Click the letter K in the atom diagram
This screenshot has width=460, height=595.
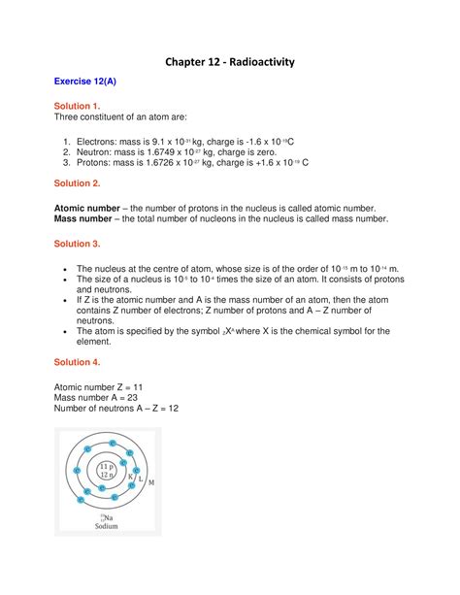tap(129, 477)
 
